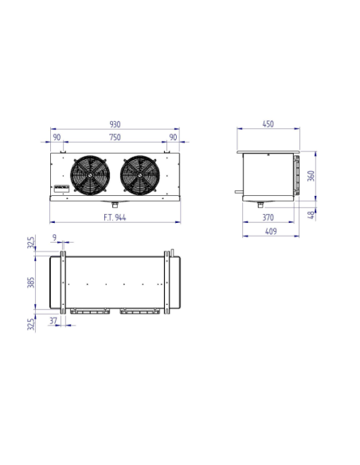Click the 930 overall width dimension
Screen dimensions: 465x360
[x=115, y=125]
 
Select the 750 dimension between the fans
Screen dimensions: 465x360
[x=115, y=137]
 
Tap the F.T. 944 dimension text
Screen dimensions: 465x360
[x=115, y=217]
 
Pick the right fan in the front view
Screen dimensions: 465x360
[x=140, y=175]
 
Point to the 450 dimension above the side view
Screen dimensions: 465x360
[x=268, y=124]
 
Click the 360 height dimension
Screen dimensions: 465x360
[x=311, y=176]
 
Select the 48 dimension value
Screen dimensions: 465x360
[x=311, y=213]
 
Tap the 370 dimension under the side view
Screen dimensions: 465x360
[x=268, y=217]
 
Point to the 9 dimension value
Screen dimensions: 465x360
[x=53, y=237]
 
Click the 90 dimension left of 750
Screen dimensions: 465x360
[x=57, y=137]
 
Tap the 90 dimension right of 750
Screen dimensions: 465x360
[x=174, y=137]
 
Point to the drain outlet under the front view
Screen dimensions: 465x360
[x=115, y=204]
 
